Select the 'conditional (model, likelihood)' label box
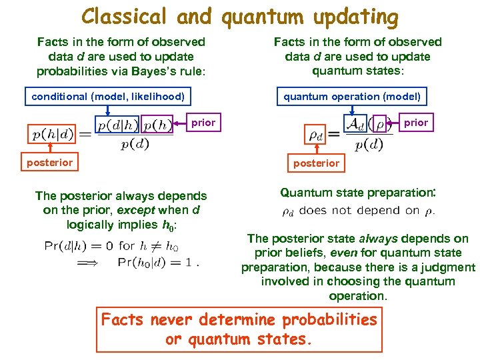[x=108, y=97]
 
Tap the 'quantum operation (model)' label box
[x=352, y=97]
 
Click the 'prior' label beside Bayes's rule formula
[x=203, y=123]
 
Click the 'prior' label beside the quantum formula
[x=416, y=123]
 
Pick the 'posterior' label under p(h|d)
[x=49, y=163]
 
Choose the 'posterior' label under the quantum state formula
[x=316, y=163]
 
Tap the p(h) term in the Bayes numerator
[x=157, y=125]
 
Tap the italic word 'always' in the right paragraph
[x=377, y=239]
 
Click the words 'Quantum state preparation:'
[x=357, y=193]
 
